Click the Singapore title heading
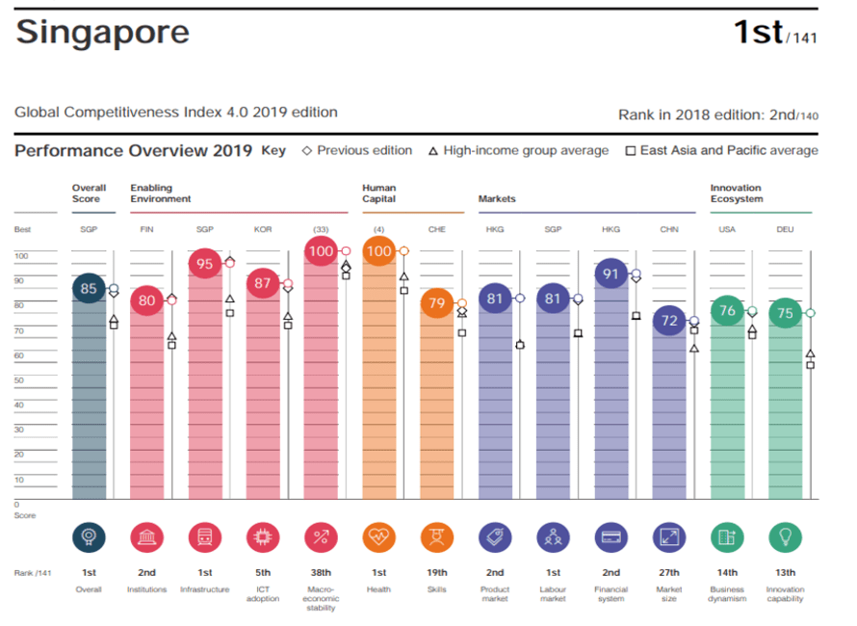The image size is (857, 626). pos(102,32)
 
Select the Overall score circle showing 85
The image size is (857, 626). pos(89,288)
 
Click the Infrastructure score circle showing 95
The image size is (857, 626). pos(205,263)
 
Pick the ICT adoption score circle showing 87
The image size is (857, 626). pos(263,284)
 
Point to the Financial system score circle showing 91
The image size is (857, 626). pos(610,274)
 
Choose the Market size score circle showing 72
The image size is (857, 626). pos(669,321)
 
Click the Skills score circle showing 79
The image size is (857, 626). pos(437,304)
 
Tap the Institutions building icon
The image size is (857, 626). pos(146,537)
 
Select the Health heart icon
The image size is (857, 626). pos(378,537)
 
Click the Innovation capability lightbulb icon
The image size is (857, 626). pos(785,537)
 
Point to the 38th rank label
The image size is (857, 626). pos(321,572)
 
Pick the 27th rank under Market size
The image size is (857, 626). pos(669,572)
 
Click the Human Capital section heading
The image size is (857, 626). pos(379,193)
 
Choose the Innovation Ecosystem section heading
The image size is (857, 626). pos(737,193)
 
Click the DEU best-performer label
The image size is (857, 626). pos(785,229)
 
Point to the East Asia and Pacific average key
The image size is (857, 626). pos(721,150)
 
